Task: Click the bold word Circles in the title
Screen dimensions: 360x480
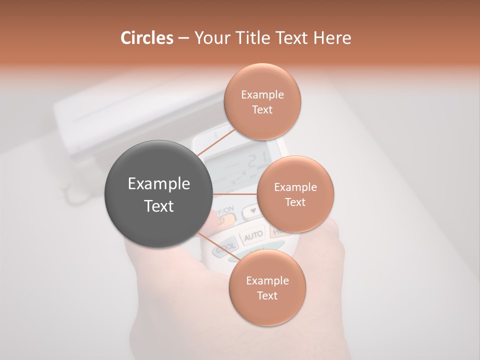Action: [146, 38]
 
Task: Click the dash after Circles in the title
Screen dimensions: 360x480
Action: [183, 38]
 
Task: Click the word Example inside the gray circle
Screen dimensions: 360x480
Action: [159, 184]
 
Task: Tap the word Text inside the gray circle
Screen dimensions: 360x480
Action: [159, 206]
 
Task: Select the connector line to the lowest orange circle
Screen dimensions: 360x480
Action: [216, 245]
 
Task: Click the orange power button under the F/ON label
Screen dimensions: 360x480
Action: [224, 220]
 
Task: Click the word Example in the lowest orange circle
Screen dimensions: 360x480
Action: [267, 280]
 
